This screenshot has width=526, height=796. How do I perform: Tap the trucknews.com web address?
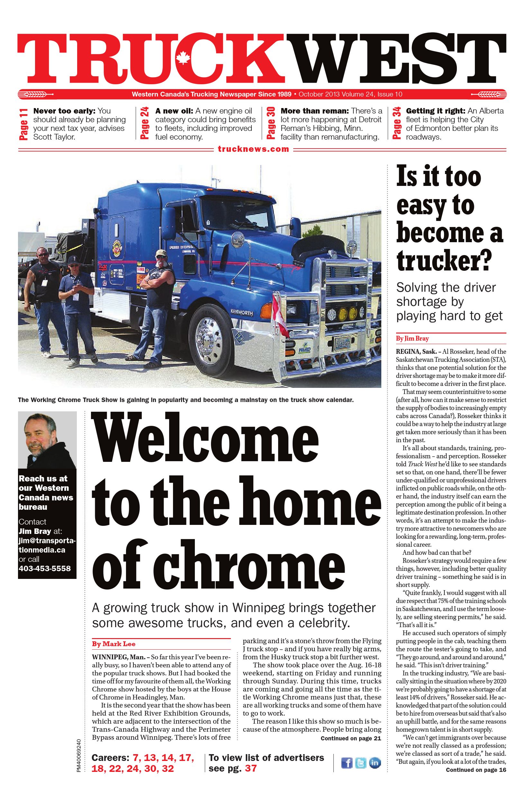coord(253,149)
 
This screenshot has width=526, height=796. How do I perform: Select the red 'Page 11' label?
coord(23,124)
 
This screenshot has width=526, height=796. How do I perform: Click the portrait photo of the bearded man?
coord(47,440)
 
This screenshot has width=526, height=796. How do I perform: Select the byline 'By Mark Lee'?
coord(114,644)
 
